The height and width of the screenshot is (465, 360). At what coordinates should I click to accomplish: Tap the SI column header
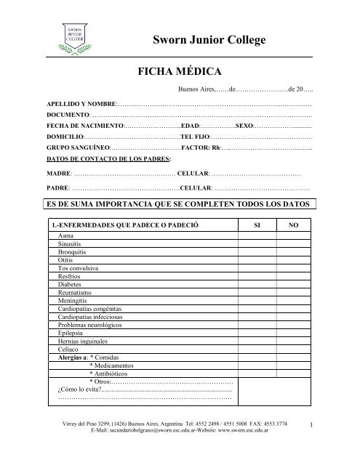(x=256, y=226)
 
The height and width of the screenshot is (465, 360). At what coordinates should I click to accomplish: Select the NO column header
(x=294, y=226)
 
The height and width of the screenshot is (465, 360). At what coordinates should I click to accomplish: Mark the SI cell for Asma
(x=256, y=237)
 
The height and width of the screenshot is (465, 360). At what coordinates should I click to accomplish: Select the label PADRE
(x=57, y=188)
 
